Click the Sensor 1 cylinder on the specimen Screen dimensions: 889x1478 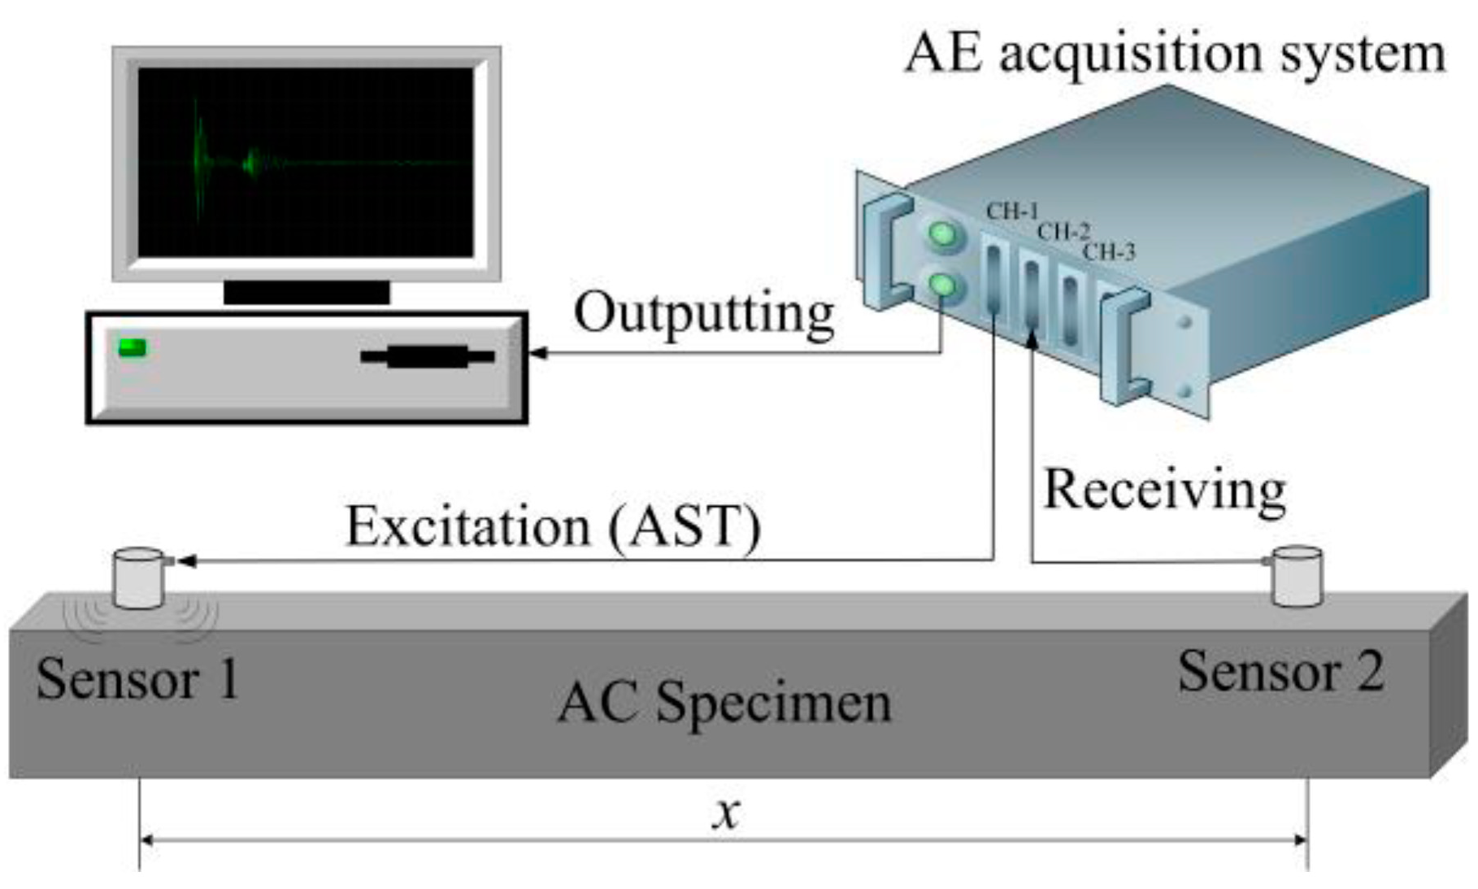(x=139, y=578)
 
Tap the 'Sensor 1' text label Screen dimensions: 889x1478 (x=138, y=678)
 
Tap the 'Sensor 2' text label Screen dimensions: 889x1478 (x=1280, y=672)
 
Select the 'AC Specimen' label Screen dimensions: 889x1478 (x=724, y=702)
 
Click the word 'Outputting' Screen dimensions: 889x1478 (x=704, y=314)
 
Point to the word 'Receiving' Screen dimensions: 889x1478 (x=1164, y=490)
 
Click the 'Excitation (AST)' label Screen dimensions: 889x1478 (x=554, y=526)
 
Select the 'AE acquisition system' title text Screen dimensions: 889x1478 (x=1175, y=54)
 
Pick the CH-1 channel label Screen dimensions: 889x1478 (x=1011, y=211)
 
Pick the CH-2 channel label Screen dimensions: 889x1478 (x=1063, y=232)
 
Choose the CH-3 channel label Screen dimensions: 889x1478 (x=1108, y=252)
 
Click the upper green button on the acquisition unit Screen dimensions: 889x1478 (x=943, y=235)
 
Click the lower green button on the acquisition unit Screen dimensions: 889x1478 (x=944, y=285)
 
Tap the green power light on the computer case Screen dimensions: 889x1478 (x=133, y=348)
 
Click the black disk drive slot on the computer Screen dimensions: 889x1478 (x=428, y=356)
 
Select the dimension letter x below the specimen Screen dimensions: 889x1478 (x=726, y=812)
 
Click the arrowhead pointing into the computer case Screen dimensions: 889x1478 (x=537, y=353)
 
